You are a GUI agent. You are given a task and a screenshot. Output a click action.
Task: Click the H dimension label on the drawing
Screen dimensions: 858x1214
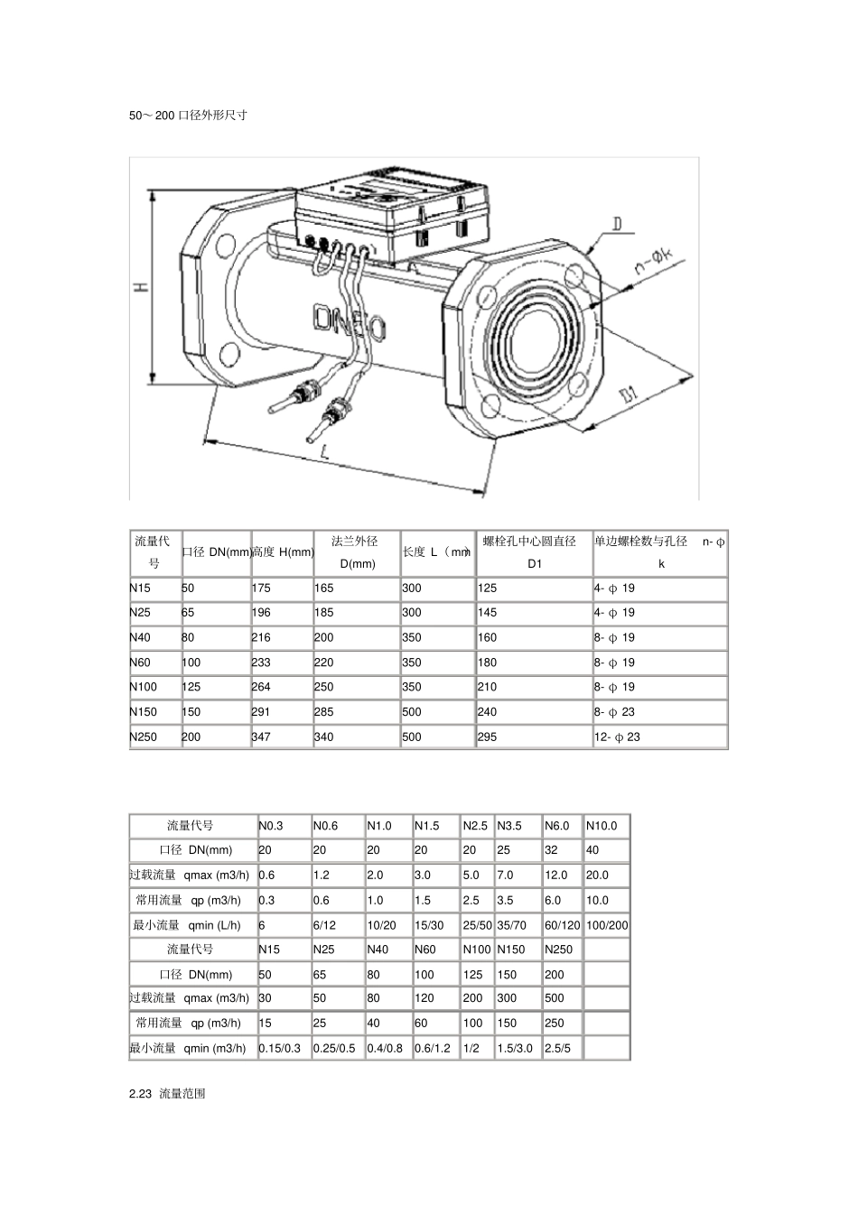click(142, 285)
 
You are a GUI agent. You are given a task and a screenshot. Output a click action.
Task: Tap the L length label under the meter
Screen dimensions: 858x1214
click(324, 451)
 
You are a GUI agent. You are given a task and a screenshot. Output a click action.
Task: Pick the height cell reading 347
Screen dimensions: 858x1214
click(261, 737)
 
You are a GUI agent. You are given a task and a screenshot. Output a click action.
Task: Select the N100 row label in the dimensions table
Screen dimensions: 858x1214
click(144, 687)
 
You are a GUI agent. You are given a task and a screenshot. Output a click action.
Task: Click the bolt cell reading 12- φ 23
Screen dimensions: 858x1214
click(617, 737)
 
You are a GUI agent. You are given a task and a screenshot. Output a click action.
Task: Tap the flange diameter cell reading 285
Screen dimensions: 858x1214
click(324, 712)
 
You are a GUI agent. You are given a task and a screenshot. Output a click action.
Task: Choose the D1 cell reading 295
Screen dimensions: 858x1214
click(487, 737)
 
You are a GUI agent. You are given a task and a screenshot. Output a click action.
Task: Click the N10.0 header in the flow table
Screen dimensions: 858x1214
click(602, 826)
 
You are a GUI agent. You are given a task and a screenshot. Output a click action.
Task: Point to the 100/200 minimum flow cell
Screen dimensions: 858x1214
click(607, 926)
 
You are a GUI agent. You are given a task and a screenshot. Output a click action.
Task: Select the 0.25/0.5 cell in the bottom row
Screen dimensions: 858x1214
click(334, 1049)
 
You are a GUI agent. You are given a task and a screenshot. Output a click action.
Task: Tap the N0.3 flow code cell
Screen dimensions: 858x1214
click(271, 826)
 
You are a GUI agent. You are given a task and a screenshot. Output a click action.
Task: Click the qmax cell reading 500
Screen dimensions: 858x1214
click(555, 998)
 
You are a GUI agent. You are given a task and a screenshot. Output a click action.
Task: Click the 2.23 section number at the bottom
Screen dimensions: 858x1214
click(141, 1094)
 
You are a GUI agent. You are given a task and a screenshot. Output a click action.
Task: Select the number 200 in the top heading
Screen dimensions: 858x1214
click(165, 116)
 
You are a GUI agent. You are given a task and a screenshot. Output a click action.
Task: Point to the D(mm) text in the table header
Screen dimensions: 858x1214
click(358, 564)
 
